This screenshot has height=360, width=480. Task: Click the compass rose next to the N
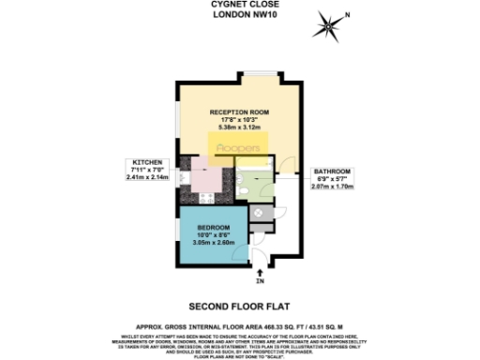[x=328, y=26]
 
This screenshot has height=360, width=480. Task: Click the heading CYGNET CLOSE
[x=239, y=5]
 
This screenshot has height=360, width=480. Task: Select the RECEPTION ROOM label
[x=240, y=112]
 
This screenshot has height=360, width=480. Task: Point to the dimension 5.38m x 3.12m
[x=240, y=127]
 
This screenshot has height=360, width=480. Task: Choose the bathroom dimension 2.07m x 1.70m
[x=332, y=187]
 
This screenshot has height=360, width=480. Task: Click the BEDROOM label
[x=215, y=230]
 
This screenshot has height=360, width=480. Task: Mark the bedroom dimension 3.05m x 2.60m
[x=215, y=243]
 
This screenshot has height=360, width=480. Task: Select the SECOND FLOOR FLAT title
[x=239, y=306]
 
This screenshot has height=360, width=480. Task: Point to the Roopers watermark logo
[x=239, y=148]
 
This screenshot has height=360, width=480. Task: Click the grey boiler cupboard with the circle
[x=260, y=211]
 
